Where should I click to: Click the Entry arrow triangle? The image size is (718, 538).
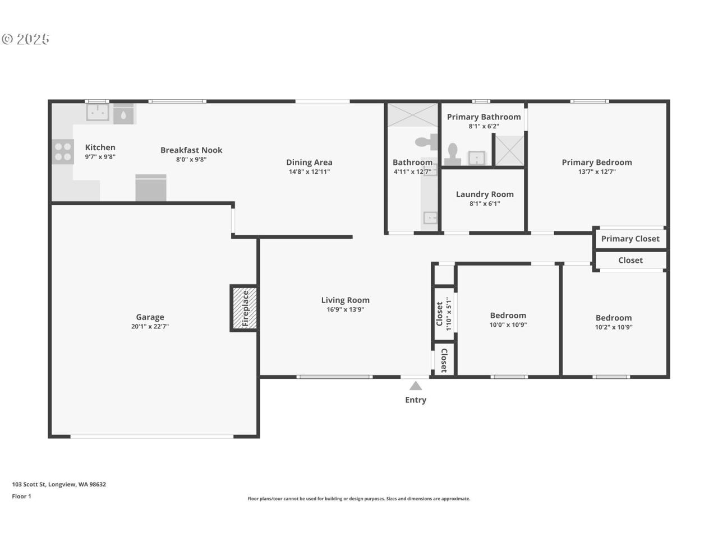coord(415,386)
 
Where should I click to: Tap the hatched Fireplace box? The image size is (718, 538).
coord(245,308)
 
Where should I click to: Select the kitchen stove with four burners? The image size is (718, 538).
coord(63,151)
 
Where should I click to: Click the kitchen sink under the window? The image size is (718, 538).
coord(98,112)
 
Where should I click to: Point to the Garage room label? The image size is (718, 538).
coord(150,317)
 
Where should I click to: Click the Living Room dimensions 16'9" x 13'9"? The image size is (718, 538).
coord(345,309)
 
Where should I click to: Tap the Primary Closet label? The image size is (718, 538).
coord(630,239)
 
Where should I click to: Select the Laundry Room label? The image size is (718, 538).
coord(485,194)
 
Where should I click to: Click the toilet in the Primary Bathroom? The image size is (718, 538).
coord(453,154)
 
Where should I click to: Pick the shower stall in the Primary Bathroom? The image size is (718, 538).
coord(509,150)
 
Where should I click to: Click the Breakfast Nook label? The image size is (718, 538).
coord(191,150)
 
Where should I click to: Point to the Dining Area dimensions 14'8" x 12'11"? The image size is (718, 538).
coord(309,171)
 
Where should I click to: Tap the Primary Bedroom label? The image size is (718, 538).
coord(596,163)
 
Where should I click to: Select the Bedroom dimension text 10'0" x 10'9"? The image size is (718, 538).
coord(508,325)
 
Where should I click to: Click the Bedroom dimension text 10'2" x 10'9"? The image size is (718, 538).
coord(613,327)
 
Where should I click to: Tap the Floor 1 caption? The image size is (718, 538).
coord(21,497)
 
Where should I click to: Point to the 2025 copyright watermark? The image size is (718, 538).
coord(26,39)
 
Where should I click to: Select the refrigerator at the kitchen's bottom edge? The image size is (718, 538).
coord(151,188)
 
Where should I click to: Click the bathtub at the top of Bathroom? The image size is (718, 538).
coord(413,115)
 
